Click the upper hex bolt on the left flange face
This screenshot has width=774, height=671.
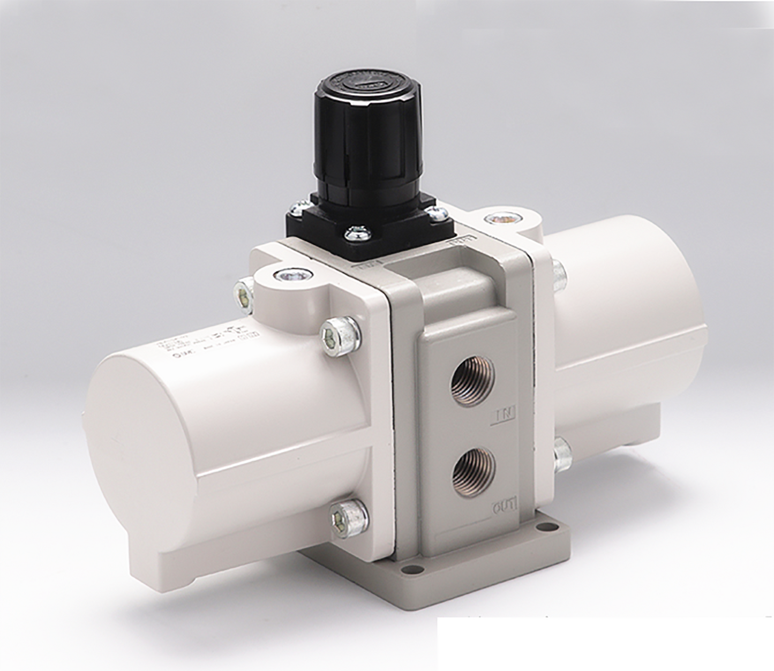point(339,335)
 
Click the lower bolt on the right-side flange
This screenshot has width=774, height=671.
point(562,453)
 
